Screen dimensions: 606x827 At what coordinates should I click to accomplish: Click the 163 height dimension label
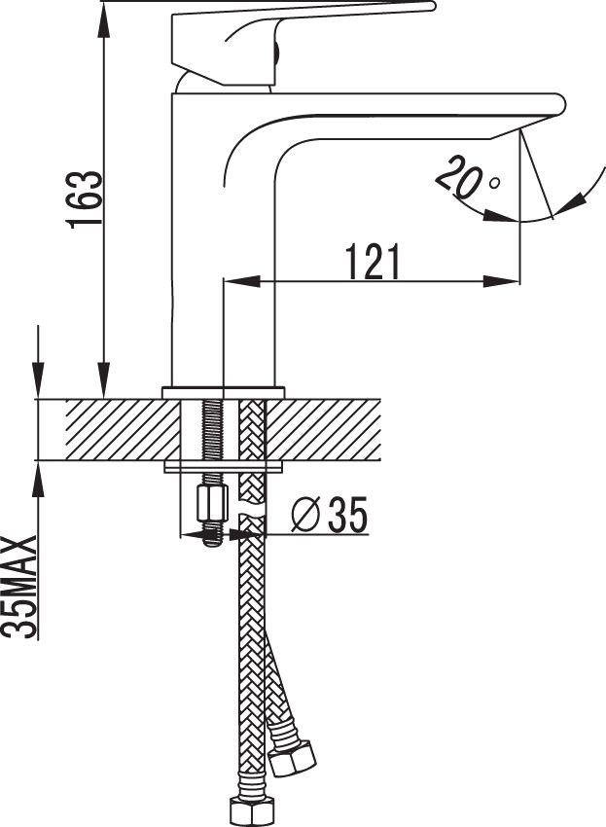pyautogui.click(x=85, y=199)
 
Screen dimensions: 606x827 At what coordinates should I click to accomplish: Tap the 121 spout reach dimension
pyautogui.click(x=374, y=262)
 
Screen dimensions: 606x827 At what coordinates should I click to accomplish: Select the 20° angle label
pyautogui.click(x=467, y=178)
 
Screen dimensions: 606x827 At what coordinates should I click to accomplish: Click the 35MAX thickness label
pyautogui.click(x=20, y=587)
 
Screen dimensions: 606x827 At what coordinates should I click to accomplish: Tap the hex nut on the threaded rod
pyautogui.click(x=212, y=503)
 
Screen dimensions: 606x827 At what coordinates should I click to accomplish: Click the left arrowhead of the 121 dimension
pyautogui.click(x=242, y=281)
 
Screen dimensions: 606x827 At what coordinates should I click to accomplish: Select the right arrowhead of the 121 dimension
pyautogui.click(x=502, y=281)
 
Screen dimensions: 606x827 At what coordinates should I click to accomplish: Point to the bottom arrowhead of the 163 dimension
pyautogui.click(x=104, y=379)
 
